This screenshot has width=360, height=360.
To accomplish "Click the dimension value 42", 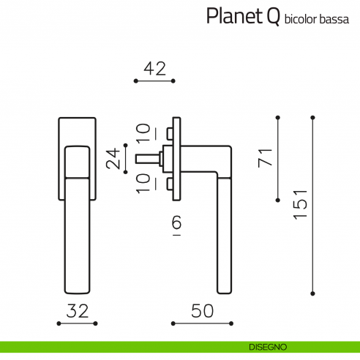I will (155, 70).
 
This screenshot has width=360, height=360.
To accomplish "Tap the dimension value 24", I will (113, 158).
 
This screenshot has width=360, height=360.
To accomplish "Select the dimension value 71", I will (266, 158).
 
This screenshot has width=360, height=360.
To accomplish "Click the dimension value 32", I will (78, 311).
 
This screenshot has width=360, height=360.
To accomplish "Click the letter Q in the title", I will (271, 16).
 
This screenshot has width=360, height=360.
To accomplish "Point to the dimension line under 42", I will (155, 81).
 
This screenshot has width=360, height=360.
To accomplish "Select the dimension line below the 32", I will (78, 323).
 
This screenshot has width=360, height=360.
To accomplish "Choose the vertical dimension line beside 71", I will (278, 158).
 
